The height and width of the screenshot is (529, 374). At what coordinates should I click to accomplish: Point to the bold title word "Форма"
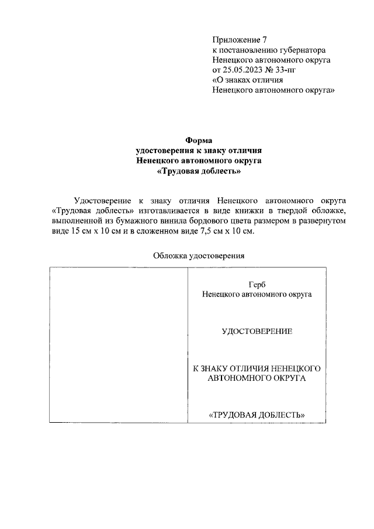(x=198, y=140)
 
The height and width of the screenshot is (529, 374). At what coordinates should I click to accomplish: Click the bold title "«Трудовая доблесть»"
(x=198, y=172)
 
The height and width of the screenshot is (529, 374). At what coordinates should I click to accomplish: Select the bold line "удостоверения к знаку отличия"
(x=198, y=150)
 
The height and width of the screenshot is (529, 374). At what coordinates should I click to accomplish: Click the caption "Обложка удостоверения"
(x=198, y=255)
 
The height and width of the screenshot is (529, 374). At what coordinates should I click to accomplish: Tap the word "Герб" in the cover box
(x=257, y=284)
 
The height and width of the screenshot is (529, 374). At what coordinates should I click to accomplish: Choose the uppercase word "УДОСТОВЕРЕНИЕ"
(x=257, y=332)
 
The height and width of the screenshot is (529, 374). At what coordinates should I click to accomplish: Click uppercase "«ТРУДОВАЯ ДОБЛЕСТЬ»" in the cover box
(x=257, y=415)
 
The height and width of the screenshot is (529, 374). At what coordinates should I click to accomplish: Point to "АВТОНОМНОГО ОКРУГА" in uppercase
(x=257, y=378)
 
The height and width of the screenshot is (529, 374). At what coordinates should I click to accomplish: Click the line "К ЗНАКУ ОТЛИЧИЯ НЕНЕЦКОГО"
(x=257, y=368)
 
